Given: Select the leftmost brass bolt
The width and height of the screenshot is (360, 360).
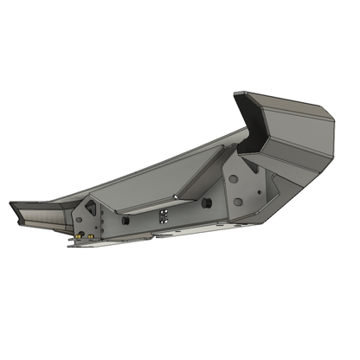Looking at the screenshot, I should [x=78, y=235].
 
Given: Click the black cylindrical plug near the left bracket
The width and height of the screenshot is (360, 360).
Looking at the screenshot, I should [x=125, y=221].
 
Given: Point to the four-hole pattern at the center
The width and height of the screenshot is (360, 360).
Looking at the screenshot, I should [x=164, y=215].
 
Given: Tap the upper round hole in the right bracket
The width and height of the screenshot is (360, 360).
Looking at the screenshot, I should [x=234, y=178].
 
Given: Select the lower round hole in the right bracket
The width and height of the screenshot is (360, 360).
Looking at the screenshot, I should [x=237, y=202].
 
